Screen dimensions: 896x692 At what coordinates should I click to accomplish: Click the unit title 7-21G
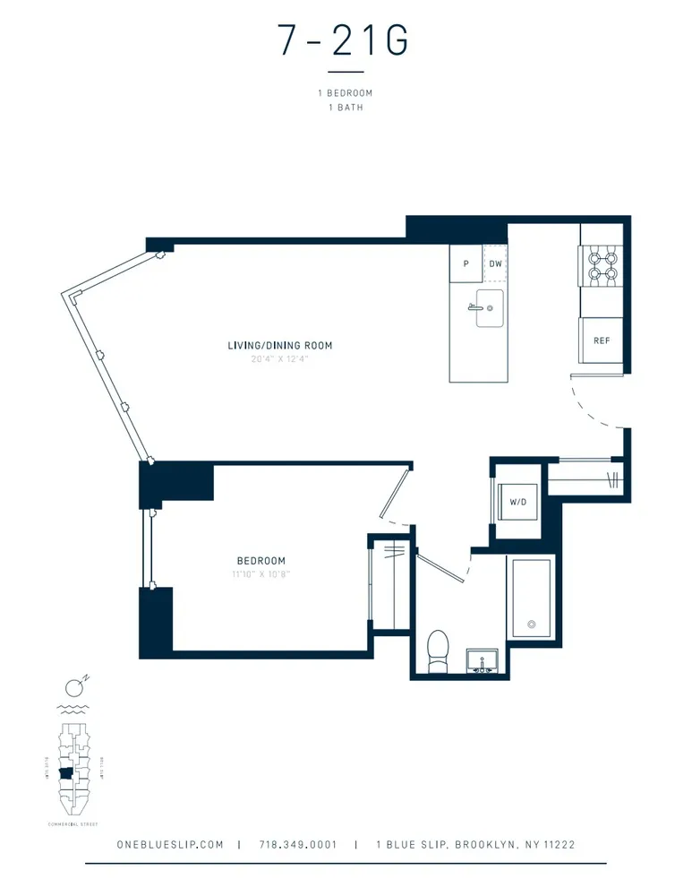pos(346,42)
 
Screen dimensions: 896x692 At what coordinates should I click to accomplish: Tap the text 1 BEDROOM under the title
pos(346,93)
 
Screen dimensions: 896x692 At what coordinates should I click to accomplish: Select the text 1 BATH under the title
pos(346,108)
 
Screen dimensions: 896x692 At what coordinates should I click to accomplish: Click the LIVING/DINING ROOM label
pos(273,345)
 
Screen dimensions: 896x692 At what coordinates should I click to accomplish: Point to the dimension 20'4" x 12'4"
pos(273,358)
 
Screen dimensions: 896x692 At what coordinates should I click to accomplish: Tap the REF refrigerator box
pos(601,341)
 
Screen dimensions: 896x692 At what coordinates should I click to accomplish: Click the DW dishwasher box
pos(495,264)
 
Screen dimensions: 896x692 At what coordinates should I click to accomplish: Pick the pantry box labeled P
pos(466,264)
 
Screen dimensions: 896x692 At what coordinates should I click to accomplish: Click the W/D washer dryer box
pos(518,503)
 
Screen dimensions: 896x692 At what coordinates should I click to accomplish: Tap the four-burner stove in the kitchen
pos(601,265)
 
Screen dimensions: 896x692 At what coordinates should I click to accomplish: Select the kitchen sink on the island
pos(488,307)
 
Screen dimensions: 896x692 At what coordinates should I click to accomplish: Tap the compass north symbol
pos(75,688)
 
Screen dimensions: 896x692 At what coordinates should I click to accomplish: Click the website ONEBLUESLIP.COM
pos(170,844)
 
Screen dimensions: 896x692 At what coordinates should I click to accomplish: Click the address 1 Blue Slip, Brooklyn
pos(475,844)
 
